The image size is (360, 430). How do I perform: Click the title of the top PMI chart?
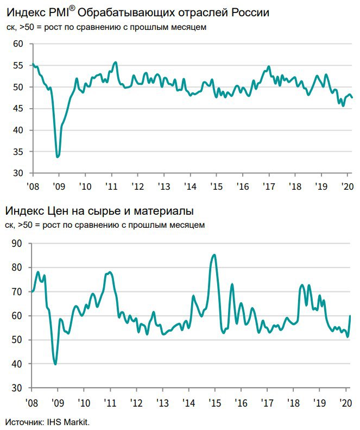(x=137, y=12)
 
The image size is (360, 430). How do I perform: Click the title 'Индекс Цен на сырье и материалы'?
(x=99, y=211)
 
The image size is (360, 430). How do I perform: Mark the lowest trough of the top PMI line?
(x=58, y=157)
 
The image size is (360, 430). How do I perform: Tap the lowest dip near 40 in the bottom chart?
(x=55, y=364)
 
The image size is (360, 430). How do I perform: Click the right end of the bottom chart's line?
(x=350, y=316)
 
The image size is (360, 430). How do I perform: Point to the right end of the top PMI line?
(x=352, y=98)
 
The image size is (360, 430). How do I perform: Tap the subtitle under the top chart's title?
(x=106, y=27)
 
